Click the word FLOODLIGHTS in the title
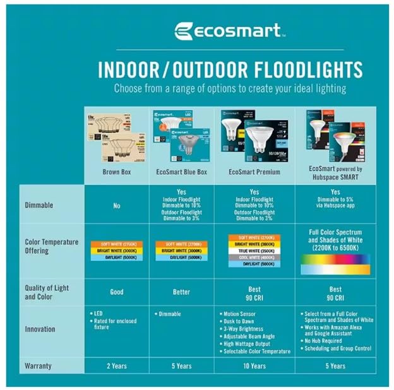pyautogui.click(x=297, y=69)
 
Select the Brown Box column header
pyautogui.click(x=116, y=172)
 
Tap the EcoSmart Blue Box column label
pyautogui.click(x=181, y=172)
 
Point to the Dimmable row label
pyautogui.click(x=39, y=205)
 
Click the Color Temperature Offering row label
pyautogui.click(x=51, y=246)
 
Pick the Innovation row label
pyautogui.click(x=40, y=329)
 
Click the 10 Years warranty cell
pyautogui.click(x=255, y=365)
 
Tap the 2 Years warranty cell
pyautogui.click(x=116, y=365)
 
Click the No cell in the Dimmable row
pyautogui.click(x=116, y=205)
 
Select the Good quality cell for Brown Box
pyautogui.click(x=116, y=292)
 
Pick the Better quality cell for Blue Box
pyautogui.click(x=181, y=292)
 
